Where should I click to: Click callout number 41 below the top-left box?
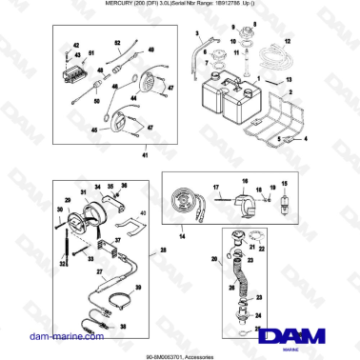tap(145, 154)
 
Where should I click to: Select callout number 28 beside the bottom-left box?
tap(163, 250)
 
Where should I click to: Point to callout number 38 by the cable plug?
tap(122, 325)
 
